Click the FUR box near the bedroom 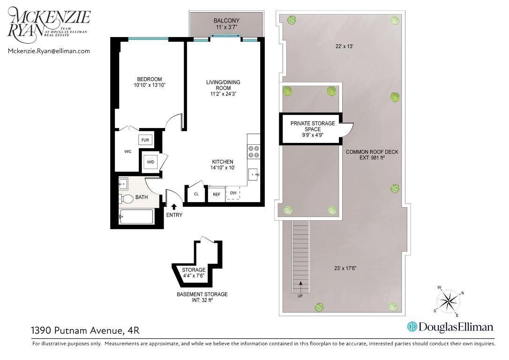[x=145, y=140]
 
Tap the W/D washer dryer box [x=150, y=162]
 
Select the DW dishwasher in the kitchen [x=233, y=193]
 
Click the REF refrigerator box [x=217, y=194]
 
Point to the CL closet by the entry [x=196, y=194]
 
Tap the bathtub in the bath [x=136, y=217]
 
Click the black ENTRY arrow [x=174, y=206]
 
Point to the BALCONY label [x=226, y=21]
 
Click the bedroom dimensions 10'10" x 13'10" [x=150, y=85]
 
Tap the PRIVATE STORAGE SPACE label [x=313, y=126]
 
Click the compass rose [x=449, y=300]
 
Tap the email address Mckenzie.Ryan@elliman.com [x=49, y=51]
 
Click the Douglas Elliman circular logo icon [x=412, y=327]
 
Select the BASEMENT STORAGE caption [x=202, y=294]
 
